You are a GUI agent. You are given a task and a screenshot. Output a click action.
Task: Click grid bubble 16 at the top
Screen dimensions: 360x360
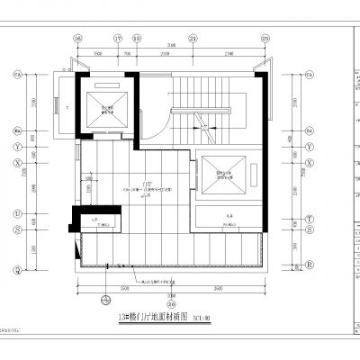[77, 39]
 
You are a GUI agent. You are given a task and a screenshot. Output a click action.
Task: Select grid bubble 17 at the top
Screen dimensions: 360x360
[118, 39]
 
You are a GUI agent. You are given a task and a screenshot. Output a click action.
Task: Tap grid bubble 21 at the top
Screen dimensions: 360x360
[193, 39]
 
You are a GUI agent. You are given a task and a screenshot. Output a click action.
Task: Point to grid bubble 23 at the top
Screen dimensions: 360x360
[265, 39]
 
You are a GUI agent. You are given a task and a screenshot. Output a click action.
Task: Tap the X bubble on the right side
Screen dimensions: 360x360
[310, 163]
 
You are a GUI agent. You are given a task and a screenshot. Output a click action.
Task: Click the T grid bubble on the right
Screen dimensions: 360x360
[310, 219]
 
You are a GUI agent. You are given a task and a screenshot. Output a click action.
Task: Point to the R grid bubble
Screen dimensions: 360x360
[310, 265]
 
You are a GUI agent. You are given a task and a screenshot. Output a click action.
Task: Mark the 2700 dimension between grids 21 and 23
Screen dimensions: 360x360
[229, 53]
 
